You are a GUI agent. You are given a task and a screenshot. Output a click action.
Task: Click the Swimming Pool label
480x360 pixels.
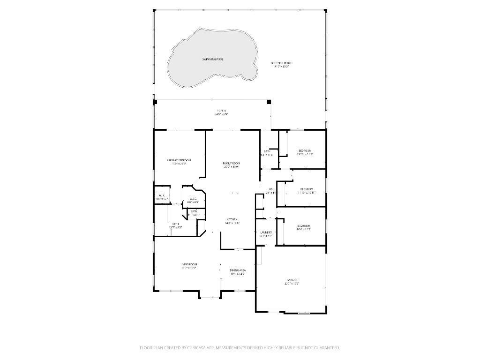click(212, 60)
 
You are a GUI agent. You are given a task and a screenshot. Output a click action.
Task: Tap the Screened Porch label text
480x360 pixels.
click(281, 63)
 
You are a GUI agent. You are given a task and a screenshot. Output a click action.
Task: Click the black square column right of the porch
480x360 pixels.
click(269, 102)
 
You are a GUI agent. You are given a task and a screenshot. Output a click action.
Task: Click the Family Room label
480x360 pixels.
click(232, 163)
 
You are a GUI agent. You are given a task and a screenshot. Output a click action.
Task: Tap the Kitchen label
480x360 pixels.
click(232, 219)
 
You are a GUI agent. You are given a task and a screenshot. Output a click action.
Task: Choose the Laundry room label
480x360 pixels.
click(266, 232)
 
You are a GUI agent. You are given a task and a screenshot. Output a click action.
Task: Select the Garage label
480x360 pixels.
click(292, 280)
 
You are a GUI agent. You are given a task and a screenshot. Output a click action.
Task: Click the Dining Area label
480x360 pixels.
click(238, 270)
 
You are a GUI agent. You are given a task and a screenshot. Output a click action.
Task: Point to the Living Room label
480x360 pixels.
click(189, 265)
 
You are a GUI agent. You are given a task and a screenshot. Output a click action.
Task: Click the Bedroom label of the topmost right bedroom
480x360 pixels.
click(305, 150)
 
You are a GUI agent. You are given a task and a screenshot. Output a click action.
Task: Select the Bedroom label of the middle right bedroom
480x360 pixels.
click(307, 189)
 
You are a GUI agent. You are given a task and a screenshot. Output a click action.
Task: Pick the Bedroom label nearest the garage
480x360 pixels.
click(303, 226)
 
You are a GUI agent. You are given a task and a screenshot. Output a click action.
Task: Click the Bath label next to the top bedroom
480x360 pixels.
click(267, 151)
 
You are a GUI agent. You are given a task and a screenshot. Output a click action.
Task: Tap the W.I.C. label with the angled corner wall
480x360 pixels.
click(193, 199)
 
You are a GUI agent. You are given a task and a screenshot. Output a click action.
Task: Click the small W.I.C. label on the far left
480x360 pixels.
click(162, 195)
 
